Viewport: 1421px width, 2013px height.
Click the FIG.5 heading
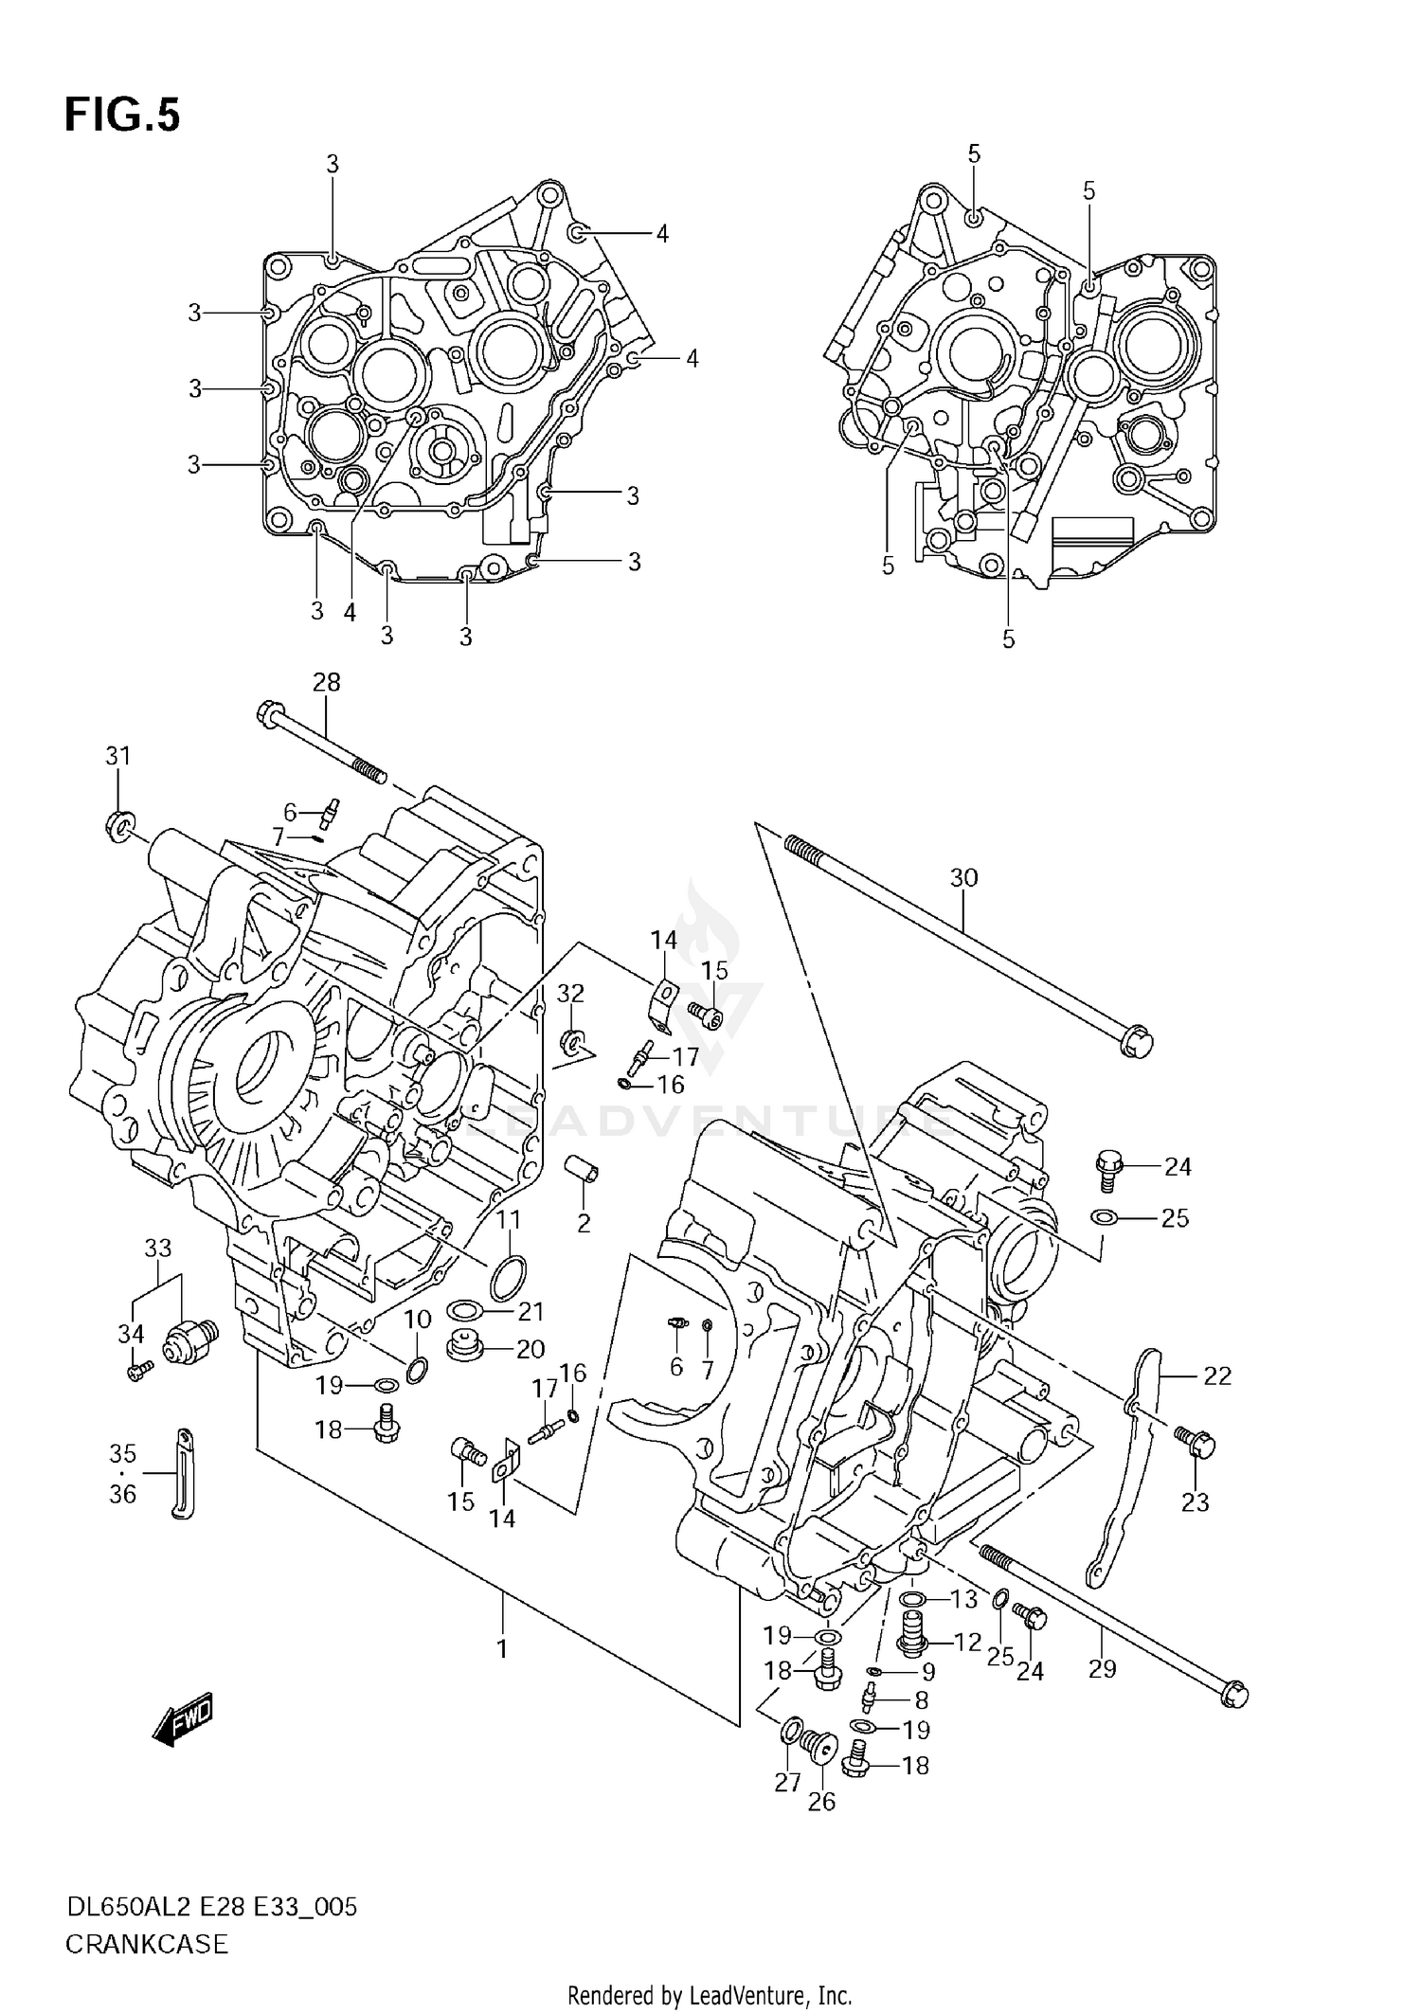point(121,115)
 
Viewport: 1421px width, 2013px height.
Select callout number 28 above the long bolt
point(326,682)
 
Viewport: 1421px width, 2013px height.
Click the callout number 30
point(963,878)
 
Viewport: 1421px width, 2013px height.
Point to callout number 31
point(117,756)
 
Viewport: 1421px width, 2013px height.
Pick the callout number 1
point(502,1648)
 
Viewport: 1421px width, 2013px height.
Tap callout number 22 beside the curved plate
point(1216,1375)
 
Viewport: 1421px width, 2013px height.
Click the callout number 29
point(1102,1668)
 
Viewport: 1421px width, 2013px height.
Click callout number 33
point(157,1249)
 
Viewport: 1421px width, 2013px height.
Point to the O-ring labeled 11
point(508,1279)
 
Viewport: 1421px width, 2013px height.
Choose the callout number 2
point(584,1223)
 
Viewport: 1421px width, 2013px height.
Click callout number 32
point(570,993)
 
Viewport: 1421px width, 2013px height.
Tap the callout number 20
point(531,1349)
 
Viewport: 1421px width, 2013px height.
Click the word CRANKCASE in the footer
point(147,1945)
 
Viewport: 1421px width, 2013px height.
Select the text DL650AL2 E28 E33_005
point(211,1907)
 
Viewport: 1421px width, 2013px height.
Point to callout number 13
point(963,1599)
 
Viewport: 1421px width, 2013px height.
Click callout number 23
point(1195,1501)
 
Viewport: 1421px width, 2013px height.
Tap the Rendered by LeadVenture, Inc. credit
point(710,1996)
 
